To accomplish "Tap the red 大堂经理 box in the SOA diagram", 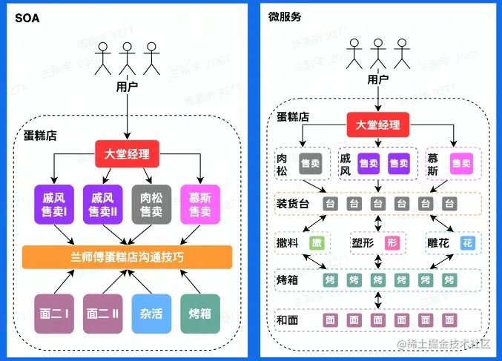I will (127, 154).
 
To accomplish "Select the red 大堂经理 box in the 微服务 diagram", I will (378, 125).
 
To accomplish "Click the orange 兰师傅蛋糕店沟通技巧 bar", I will (128, 256).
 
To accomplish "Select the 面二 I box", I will (53, 314).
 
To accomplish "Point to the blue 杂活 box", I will (151, 314).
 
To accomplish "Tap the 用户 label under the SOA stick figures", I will (128, 87).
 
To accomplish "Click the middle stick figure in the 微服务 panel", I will (379, 53).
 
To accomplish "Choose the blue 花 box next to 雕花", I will (467, 242).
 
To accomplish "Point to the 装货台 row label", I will (293, 203).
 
